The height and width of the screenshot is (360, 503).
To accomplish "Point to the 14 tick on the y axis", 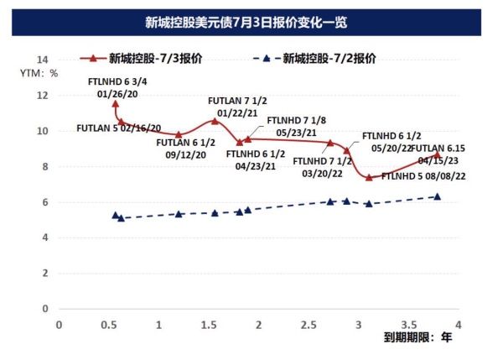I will tap(44, 60).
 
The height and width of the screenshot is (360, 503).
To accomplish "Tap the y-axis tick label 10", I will tap(44, 132).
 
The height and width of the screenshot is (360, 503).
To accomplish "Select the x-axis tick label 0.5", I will tap(108, 323).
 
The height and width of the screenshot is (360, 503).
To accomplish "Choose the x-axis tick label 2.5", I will tap(309, 323).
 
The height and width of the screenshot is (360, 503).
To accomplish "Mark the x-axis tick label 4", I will tap(459, 323).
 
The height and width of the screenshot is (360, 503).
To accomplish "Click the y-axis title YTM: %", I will tap(39, 73).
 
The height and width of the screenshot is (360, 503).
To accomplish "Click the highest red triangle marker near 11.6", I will tap(115, 103).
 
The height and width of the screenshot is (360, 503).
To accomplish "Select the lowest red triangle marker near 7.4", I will tap(369, 177).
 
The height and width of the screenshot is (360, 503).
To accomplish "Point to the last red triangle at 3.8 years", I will tap(438, 154).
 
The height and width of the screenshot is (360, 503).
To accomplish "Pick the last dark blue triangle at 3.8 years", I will tap(438, 196).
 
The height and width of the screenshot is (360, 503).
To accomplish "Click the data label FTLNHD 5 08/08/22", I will tap(423, 176).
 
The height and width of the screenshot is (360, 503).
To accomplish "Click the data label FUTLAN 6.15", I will tap(435, 148).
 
